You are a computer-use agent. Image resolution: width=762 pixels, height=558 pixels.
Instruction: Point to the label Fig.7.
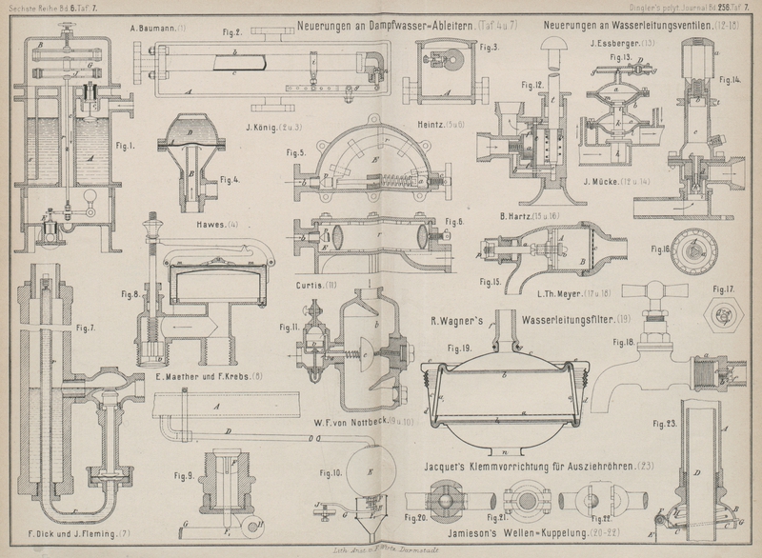click(85, 329)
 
